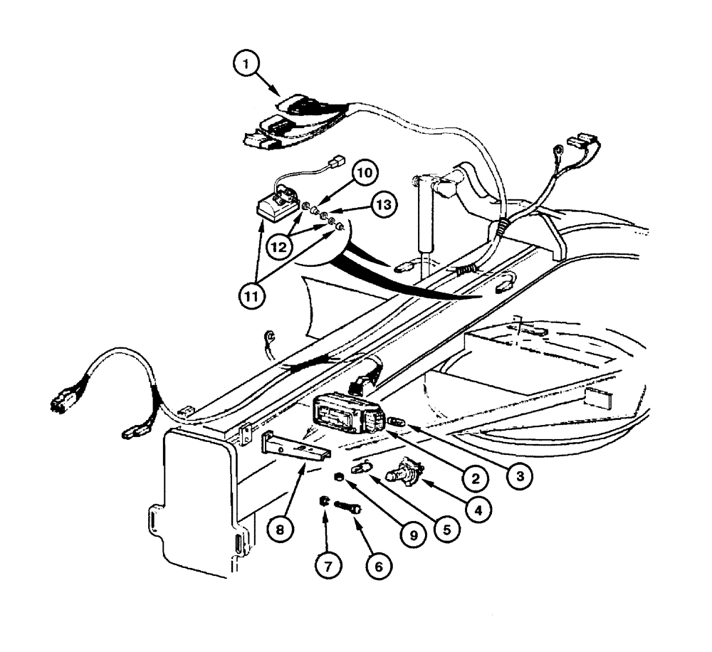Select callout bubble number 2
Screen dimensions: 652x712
pos(474,478)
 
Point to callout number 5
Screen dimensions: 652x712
pos(448,530)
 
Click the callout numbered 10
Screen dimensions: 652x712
pos(365,173)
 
